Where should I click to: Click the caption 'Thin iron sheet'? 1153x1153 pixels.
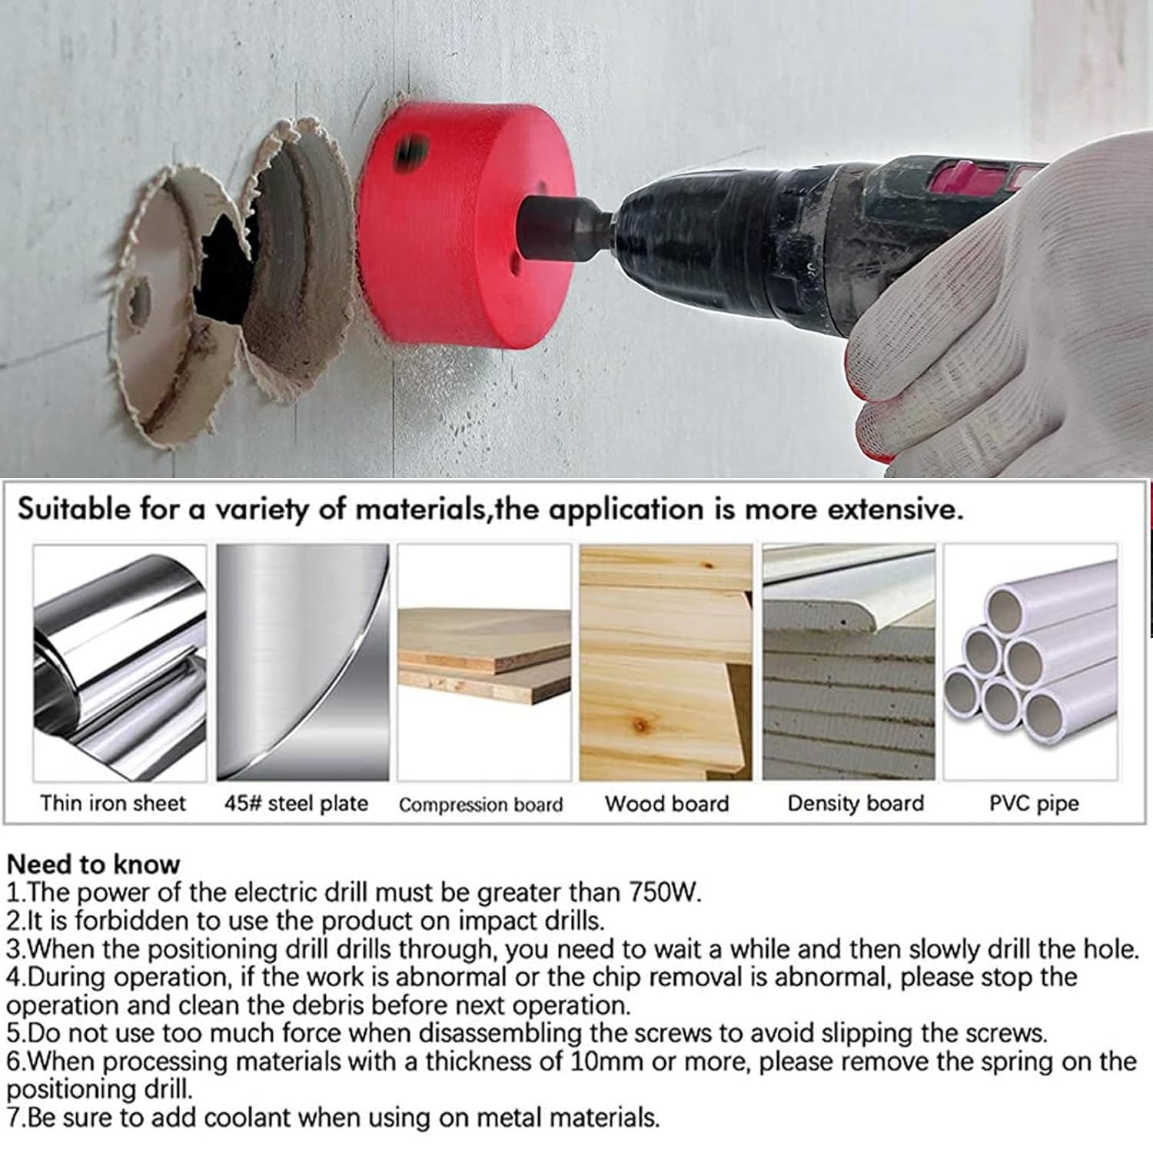click(113, 803)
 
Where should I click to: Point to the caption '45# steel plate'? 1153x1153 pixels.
click(296, 804)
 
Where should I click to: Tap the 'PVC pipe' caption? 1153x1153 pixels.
click(1034, 804)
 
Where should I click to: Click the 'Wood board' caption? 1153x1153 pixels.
click(666, 803)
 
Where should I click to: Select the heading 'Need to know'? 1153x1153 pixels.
click(93, 864)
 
